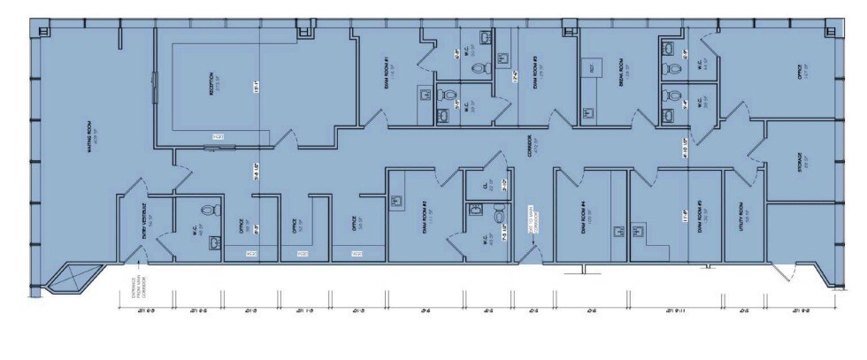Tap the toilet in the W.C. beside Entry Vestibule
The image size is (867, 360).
click(x=210, y=211)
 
